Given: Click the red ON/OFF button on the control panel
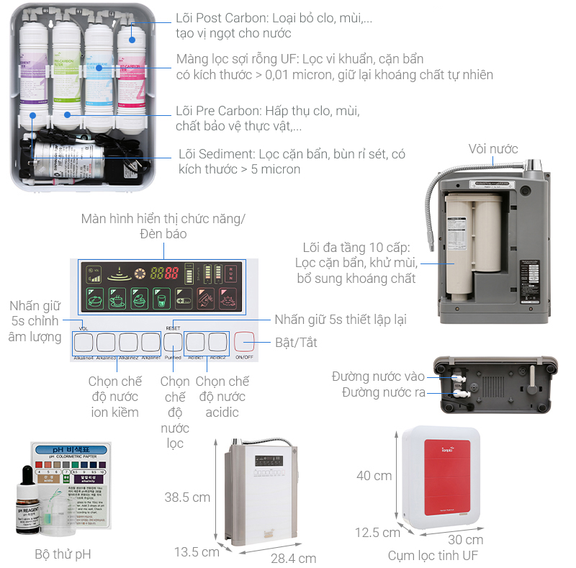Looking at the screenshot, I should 245,341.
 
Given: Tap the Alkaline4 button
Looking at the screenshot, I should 84,341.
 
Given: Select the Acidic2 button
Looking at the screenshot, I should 218,341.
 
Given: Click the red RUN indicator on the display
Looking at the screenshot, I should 231,274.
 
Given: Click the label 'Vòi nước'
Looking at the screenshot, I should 493,149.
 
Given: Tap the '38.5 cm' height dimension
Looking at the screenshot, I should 186,497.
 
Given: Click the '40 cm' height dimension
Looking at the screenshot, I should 374,475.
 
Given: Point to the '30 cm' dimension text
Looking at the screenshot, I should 464,539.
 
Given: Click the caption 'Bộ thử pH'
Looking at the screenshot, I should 63,554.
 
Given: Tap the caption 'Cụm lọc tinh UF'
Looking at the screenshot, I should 433,555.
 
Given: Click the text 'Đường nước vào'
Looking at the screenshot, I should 378,377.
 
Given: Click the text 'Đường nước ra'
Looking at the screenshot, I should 383,392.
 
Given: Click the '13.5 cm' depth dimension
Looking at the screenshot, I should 197,552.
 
